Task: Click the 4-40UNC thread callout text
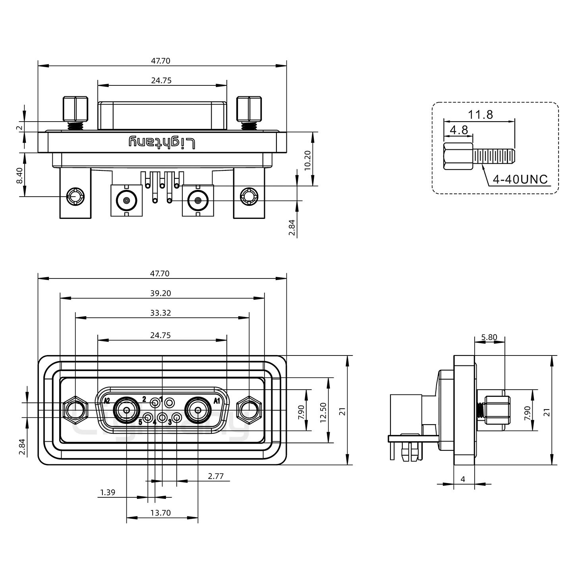click(x=520, y=180)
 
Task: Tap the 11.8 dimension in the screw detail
click(x=480, y=114)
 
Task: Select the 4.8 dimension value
click(x=459, y=130)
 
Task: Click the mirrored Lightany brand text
click(x=162, y=143)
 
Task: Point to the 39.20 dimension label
click(x=161, y=293)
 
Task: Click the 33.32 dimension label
click(x=161, y=313)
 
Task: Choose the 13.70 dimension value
click(x=160, y=513)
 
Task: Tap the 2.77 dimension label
click(x=216, y=476)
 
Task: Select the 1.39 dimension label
click(x=108, y=493)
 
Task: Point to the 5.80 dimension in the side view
click(x=489, y=338)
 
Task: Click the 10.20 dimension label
click(x=307, y=159)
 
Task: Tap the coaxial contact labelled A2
click(x=127, y=410)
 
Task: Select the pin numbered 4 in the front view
click(x=162, y=417)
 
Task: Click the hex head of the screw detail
click(x=458, y=157)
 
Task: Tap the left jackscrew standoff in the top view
click(x=75, y=109)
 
